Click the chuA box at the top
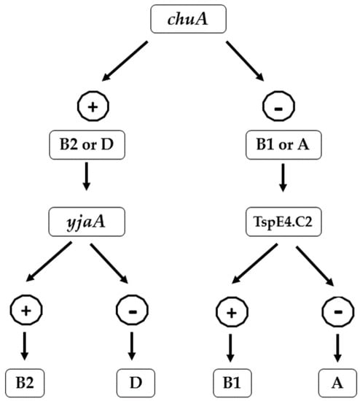181,19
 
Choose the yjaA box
87,217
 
